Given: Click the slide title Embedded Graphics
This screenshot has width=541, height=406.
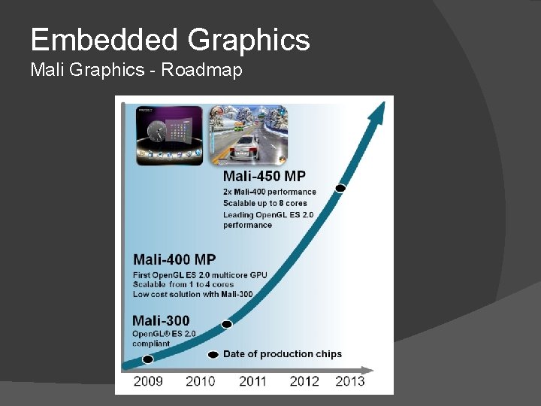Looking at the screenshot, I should tap(170, 39).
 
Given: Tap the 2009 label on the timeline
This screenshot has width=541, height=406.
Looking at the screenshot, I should tap(148, 381).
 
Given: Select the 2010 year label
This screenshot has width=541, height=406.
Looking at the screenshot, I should tap(200, 381).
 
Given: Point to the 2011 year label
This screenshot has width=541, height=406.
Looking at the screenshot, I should tap(252, 381).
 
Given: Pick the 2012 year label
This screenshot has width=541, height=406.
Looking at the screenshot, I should tap(304, 381).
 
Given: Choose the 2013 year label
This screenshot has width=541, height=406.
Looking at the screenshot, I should tap(350, 381).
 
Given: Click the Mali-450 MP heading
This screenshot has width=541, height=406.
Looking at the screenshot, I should tap(264, 177).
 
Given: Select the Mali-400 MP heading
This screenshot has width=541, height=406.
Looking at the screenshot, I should tap(174, 260).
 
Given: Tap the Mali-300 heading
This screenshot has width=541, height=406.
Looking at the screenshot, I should tap(161, 321).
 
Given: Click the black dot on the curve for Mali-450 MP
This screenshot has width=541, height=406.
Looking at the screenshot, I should tap(340, 188).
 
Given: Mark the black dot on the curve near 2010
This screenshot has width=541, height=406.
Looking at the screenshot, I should tap(226, 324).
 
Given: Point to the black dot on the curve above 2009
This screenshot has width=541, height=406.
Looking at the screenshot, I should tap(147, 359).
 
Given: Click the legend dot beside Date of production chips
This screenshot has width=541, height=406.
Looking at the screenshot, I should tap(213, 354).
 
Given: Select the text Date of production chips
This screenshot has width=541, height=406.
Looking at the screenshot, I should tap(282, 354).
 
